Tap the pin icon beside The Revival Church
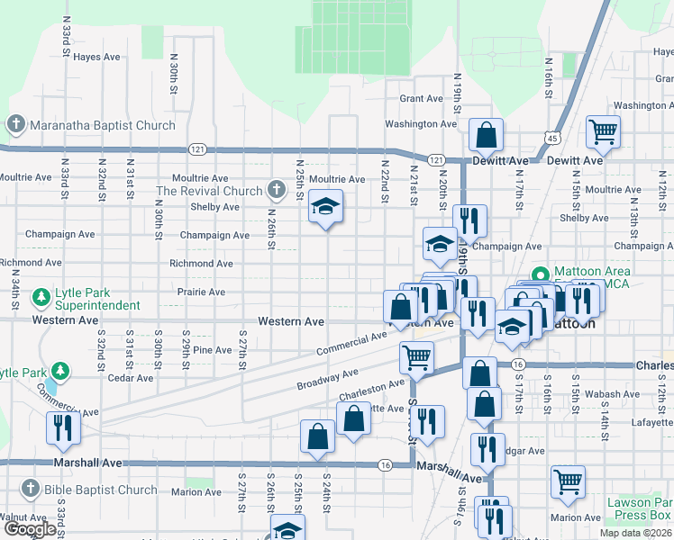(277, 190)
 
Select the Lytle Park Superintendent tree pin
(41, 297)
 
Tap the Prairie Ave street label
(202, 292)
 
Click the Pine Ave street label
(212, 350)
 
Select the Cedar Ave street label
(131, 378)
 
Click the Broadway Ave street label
(327, 379)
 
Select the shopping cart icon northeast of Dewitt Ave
(603, 131)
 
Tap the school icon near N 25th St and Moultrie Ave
(325, 208)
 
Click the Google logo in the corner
(29, 529)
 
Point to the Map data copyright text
(635, 533)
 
